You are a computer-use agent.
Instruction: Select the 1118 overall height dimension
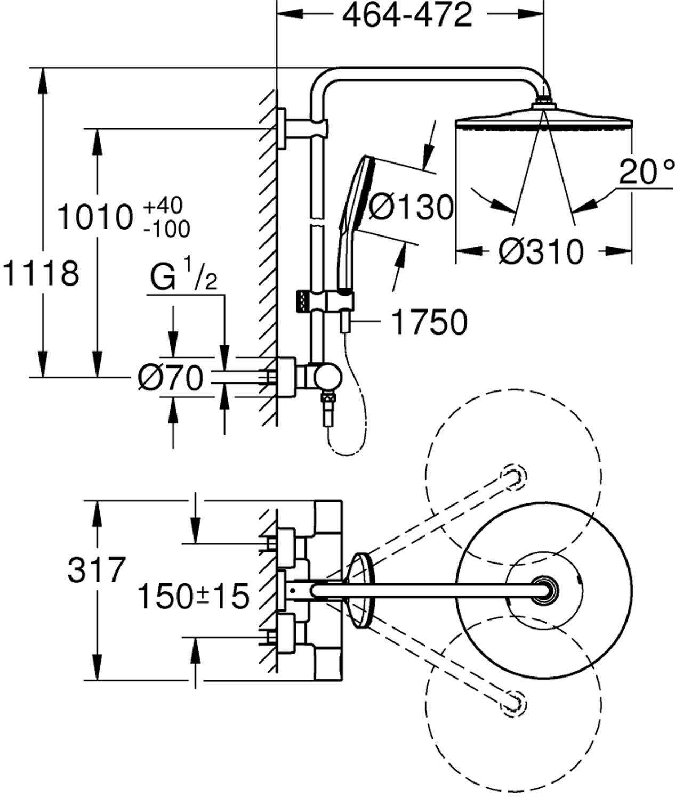[41, 273]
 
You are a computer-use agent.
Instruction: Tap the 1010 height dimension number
[95, 217]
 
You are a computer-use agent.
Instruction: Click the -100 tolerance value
[166, 229]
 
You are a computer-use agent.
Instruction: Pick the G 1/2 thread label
[183, 278]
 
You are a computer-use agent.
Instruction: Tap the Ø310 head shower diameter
[541, 251]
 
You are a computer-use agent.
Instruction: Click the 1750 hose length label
[429, 322]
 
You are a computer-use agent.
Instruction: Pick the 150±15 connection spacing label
[193, 596]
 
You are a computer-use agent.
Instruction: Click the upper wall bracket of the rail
[283, 128]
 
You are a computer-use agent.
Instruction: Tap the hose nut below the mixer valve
[328, 411]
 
